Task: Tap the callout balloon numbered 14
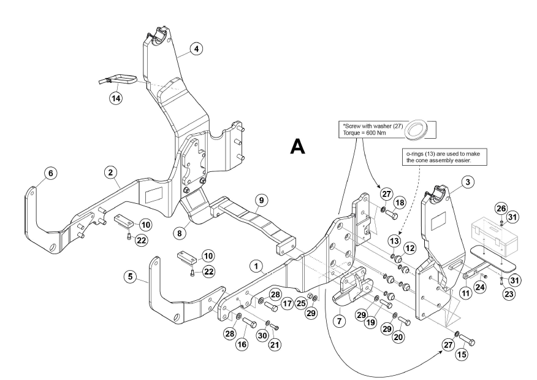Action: tap(115, 97)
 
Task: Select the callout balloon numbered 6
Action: tap(50, 174)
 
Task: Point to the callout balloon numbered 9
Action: tap(261, 200)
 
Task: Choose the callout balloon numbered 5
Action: tap(130, 276)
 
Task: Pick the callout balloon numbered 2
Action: tap(112, 174)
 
